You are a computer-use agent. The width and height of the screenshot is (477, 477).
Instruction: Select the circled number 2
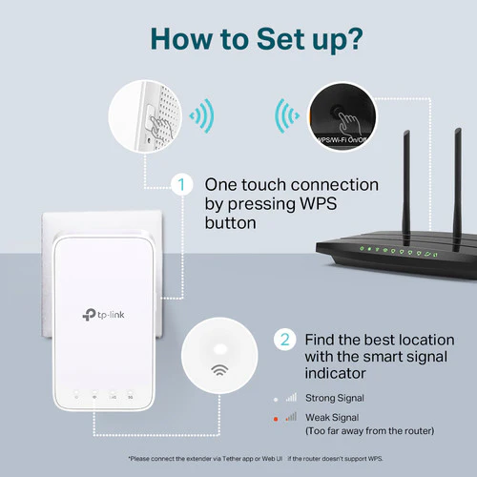pos(282,338)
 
